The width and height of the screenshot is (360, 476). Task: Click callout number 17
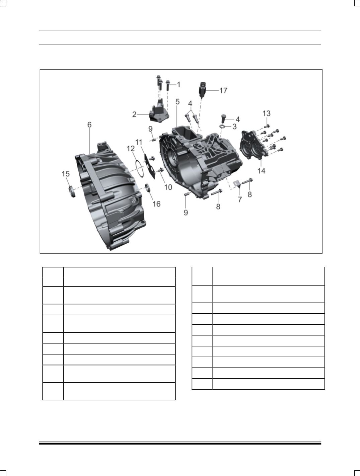(x=223, y=90)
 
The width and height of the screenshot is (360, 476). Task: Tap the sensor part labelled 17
(x=202, y=90)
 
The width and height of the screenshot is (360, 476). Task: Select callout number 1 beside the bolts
(x=179, y=85)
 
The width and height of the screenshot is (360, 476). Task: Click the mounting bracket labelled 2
(x=159, y=112)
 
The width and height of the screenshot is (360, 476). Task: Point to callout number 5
(x=177, y=102)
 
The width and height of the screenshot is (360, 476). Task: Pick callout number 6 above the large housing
(x=89, y=125)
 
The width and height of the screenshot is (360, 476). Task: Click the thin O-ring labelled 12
(x=139, y=169)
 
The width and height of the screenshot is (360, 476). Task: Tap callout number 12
(x=131, y=149)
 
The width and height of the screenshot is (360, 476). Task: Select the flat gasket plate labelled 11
(x=150, y=167)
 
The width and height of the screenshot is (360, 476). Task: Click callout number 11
(x=139, y=142)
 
